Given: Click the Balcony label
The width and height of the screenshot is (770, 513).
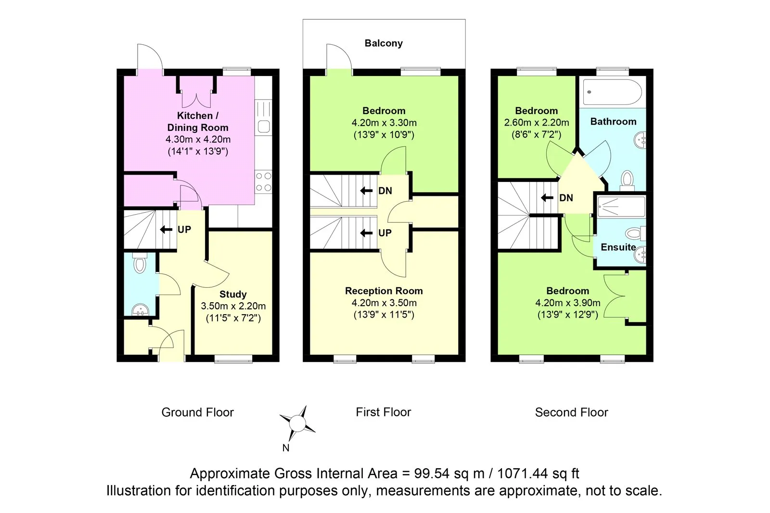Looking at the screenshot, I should (x=384, y=43).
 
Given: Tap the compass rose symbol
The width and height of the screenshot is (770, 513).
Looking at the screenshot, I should (x=297, y=423).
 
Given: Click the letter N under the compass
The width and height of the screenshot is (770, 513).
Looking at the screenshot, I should (x=286, y=448).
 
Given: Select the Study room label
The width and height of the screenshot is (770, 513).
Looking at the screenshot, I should (x=233, y=294).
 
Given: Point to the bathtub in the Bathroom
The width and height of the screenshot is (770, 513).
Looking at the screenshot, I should (x=612, y=92).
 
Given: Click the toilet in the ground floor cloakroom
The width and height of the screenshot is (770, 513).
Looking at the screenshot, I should (x=140, y=263).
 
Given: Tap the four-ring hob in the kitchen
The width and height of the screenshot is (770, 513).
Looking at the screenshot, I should (x=263, y=182).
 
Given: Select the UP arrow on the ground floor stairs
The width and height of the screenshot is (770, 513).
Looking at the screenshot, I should (x=167, y=230).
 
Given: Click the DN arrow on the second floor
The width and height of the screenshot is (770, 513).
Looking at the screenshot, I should (x=547, y=198).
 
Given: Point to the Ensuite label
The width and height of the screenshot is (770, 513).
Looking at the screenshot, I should (x=618, y=247).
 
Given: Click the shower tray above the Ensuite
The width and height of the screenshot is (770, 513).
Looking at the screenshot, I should (x=620, y=206).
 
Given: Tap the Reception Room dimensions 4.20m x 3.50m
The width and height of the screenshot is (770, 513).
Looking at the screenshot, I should (x=384, y=303).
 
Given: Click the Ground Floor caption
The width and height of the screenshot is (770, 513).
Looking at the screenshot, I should (x=197, y=412).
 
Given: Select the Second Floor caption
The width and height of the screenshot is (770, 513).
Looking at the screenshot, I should (x=571, y=412).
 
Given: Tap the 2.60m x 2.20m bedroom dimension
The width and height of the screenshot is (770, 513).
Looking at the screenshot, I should (x=536, y=123).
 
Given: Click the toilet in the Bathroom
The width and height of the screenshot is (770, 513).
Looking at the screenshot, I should (x=627, y=179).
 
